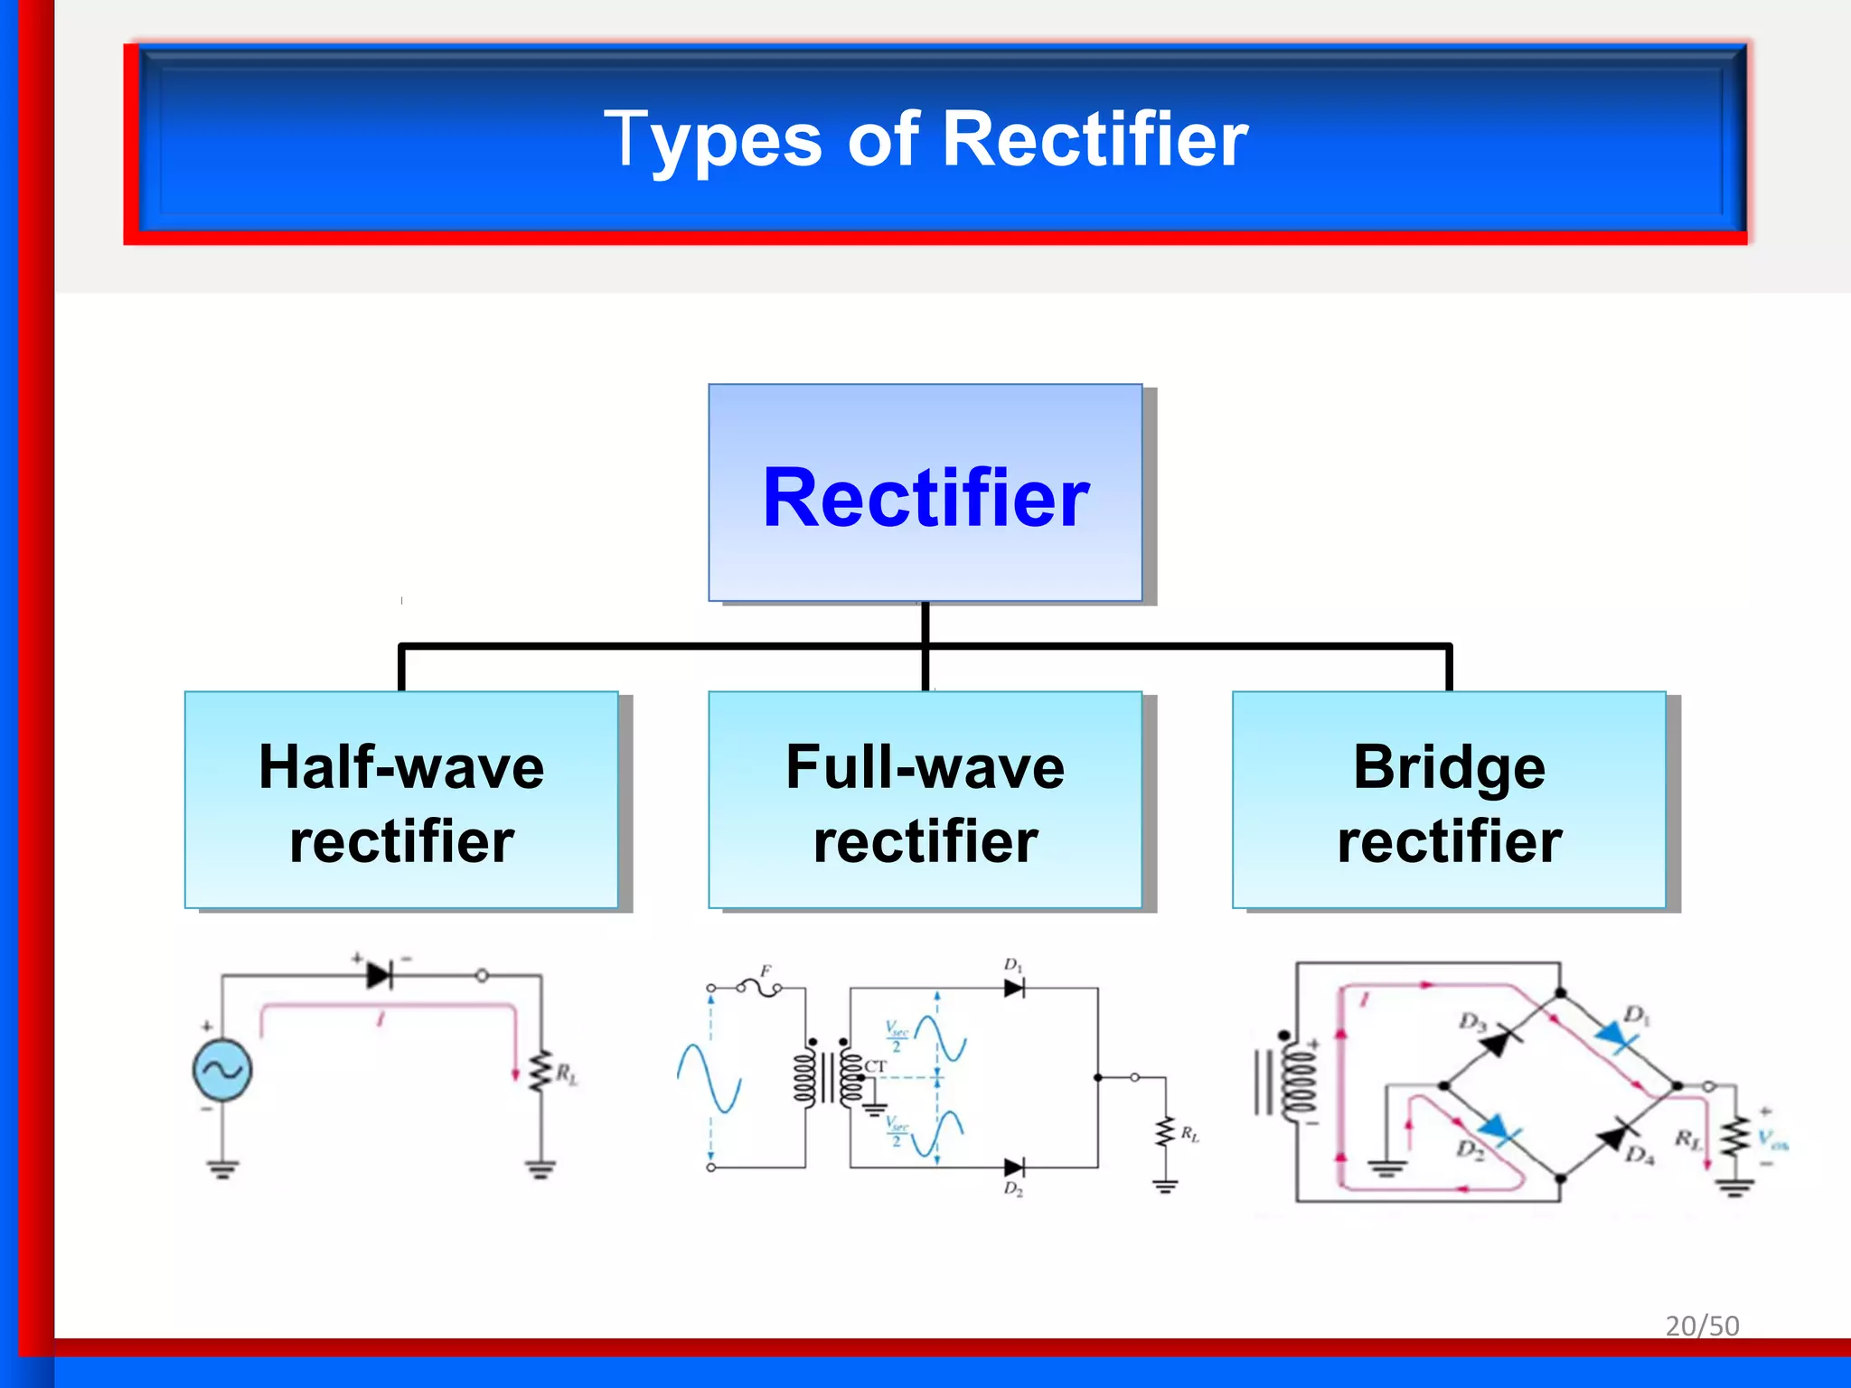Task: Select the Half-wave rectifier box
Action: (401, 801)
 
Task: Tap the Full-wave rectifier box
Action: (925, 801)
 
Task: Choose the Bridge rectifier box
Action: (1449, 801)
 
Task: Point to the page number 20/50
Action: (1702, 1326)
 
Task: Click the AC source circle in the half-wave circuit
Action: (222, 1071)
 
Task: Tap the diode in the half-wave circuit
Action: (380, 976)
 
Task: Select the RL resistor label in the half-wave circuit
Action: (567, 1074)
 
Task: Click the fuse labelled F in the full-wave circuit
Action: (760, 988)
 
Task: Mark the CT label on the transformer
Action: (875, 1066)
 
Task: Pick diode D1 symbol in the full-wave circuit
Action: (1014, 989)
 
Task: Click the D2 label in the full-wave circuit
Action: (1013, 1189)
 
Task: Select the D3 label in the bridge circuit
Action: (1471, 1021)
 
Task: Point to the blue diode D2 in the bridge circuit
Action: (1497, 1130)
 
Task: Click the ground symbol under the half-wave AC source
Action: (222, 1169)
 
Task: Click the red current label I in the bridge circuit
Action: (1365, 999)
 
